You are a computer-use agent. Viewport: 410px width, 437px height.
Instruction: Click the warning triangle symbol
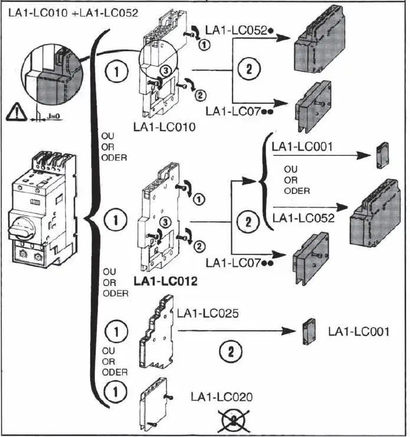pyautogui.click(x=17, y=112)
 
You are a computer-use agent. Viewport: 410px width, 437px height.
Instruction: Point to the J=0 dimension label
pyautogui.click(x=53, y=116)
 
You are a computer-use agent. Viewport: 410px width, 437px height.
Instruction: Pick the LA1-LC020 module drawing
pyautogui.click(x=152, y=406)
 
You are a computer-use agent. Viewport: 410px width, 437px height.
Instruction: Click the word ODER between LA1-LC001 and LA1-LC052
pyautogui.click(x=297, y=191)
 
